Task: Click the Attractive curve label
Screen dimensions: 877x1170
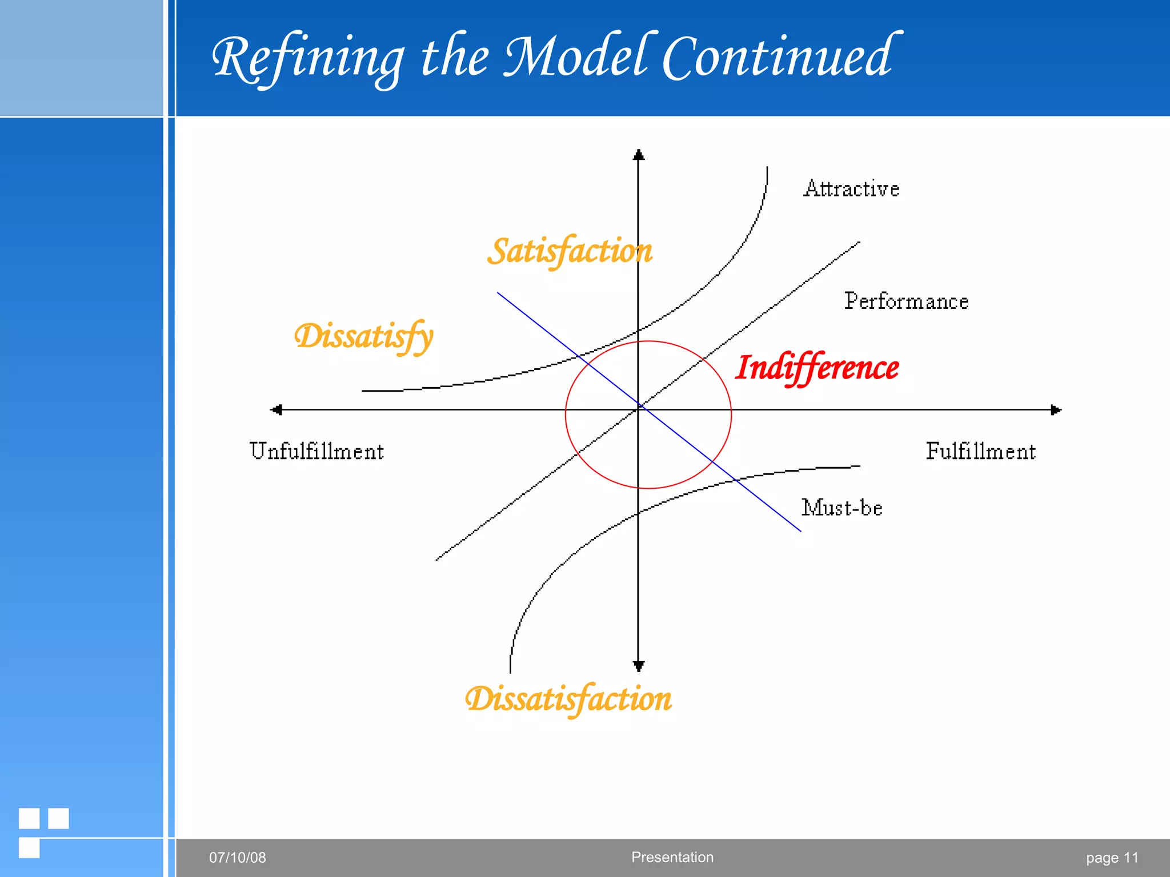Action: [851, 189]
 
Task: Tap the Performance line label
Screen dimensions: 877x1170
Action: [906, 301]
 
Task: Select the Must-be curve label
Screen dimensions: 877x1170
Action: [842, 508]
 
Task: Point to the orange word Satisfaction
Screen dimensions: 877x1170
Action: [570, 252]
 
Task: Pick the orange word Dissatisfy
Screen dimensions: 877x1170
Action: [364, 336]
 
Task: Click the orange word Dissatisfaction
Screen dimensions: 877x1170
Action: [568, 699]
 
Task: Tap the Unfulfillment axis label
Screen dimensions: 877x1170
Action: [316, 452]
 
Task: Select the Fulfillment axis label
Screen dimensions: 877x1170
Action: [980, 452]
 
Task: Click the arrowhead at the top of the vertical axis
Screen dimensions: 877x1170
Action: [639, 155]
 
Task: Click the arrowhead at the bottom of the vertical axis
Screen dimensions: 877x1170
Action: [639, 666]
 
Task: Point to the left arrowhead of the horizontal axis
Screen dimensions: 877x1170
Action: [277, 409]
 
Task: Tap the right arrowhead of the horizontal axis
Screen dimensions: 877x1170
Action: [1056, 410]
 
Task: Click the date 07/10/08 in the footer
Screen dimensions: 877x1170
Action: [237, 858]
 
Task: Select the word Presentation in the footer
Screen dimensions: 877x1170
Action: [672, 857]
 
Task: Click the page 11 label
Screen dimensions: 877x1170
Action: [1112, 858]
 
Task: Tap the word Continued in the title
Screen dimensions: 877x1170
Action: [780, 57]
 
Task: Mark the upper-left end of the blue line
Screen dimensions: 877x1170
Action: [498, 293]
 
